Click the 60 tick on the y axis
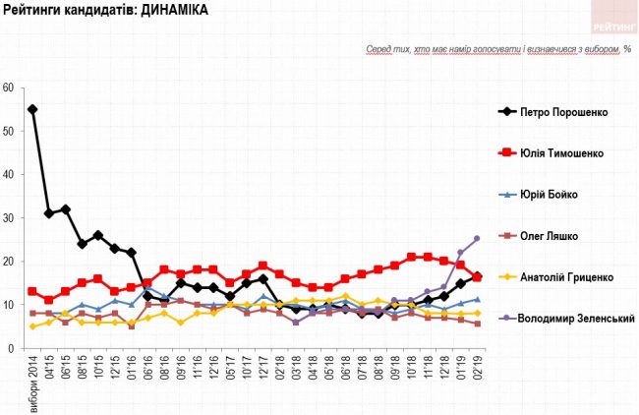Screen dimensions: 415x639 coord(8,88)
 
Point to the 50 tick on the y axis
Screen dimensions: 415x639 coord(8,131)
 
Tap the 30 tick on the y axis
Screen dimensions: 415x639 coord(8,218)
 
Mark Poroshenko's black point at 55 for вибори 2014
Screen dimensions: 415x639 coord(32,109)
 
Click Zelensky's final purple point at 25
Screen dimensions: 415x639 coord(477,239)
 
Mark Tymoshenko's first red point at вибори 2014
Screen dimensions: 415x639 coord(32,292)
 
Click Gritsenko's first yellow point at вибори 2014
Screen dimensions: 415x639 coord(32,326)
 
